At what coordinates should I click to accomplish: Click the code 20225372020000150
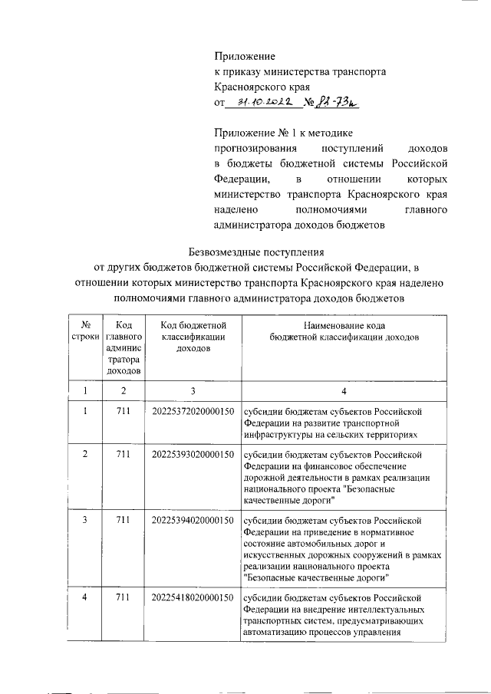pos(193,412)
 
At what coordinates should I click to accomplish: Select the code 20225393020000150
pos(193,455)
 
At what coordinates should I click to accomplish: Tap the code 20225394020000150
pos(193,521)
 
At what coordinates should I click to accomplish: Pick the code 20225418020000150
pos(193,597)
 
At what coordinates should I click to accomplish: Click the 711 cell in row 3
pos(124,521)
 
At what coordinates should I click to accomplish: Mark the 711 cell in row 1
pos(124,412)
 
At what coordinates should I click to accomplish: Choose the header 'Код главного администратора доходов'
pos(124,347)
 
